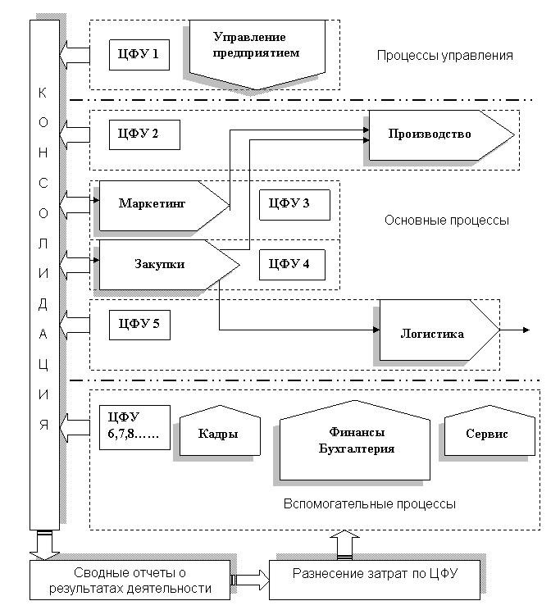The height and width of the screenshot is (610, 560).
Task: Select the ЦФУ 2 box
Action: (x=144, y=134)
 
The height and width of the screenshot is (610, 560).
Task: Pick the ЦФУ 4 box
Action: (x=291, y=264)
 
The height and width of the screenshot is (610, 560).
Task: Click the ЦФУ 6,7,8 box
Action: (x=134, y=427)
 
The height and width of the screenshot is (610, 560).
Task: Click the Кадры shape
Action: (x=219, y=435)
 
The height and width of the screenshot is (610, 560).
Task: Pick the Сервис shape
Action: (x=486, y=434)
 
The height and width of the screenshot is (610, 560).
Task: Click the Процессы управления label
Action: (x=445, y=56)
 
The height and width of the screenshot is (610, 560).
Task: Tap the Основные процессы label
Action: (x=447, y=221)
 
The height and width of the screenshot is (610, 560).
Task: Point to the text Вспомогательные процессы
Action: (x=369, y=503)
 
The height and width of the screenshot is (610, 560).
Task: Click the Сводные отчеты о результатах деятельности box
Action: (x=130, y=580)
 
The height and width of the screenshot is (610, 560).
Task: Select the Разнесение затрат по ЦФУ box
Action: (x=374, y=571)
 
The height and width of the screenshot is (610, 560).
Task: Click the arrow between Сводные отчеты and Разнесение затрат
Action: (x=251, y=580)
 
